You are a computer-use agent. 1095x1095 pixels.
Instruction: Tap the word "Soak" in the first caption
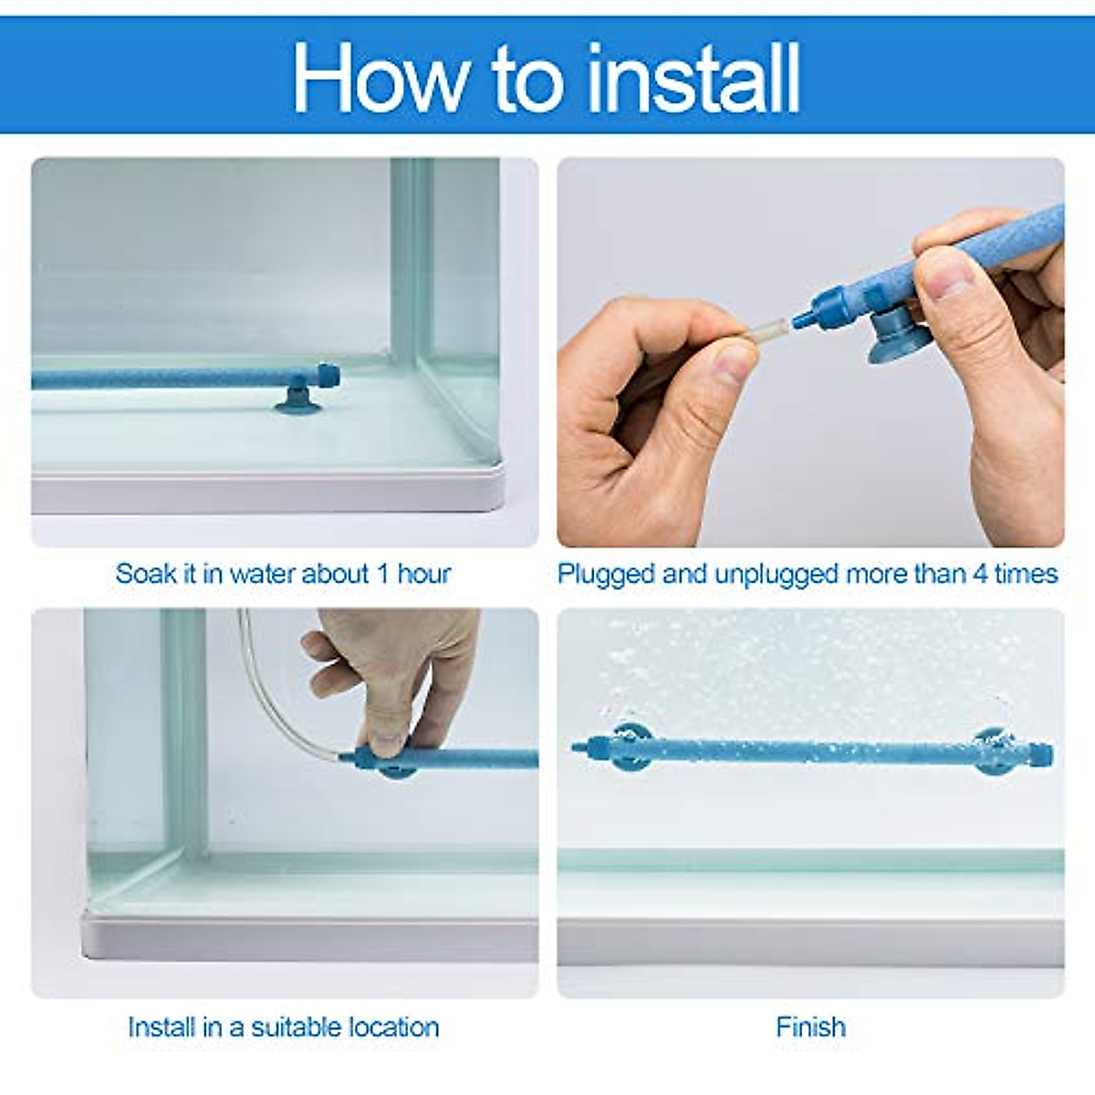(x=144, y=574)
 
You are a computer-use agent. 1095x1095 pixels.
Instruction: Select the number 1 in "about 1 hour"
(x=383, y=574)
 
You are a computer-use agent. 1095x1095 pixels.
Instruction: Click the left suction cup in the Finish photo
(x=627, y=749)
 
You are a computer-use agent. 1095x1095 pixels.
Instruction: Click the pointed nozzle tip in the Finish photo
(x=575, y=746)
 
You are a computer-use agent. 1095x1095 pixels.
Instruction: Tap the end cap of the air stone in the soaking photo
(x=328, y=374)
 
